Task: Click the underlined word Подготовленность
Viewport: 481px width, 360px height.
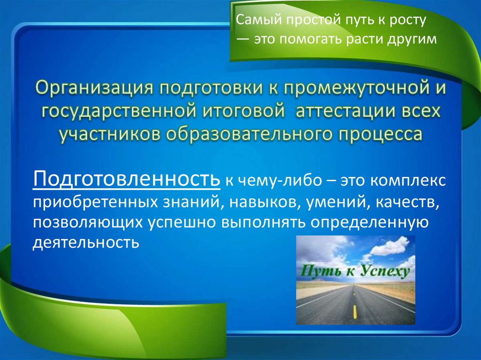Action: click(x=126, y=179)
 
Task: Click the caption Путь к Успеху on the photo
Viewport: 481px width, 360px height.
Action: click(x=356, y=271)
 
